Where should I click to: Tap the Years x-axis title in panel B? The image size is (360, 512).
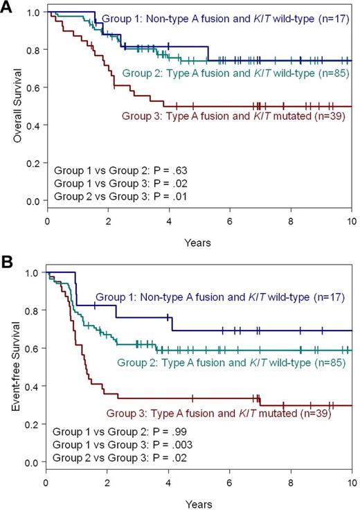(x=199, y=503)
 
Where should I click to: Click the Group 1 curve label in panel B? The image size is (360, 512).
(x=220, y=299)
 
